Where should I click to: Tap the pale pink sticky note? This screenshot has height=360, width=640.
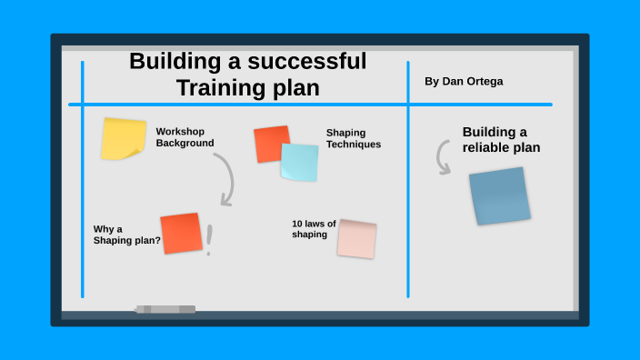356,238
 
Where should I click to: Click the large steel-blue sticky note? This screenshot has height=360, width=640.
499,195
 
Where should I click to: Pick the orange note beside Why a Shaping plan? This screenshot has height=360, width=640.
181,233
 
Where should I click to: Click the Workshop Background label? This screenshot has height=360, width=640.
185,136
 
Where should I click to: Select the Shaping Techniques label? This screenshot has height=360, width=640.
353,138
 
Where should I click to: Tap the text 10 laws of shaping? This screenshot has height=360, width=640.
314,229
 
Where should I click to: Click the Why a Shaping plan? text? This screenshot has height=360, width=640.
126,235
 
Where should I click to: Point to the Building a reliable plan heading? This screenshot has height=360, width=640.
501,139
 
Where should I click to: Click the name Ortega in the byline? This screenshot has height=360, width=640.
483,82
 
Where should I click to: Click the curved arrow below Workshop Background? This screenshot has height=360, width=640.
225,178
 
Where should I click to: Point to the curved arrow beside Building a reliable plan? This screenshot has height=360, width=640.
443,156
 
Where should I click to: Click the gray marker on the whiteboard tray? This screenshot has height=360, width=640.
165,309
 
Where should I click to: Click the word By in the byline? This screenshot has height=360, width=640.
432,82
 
